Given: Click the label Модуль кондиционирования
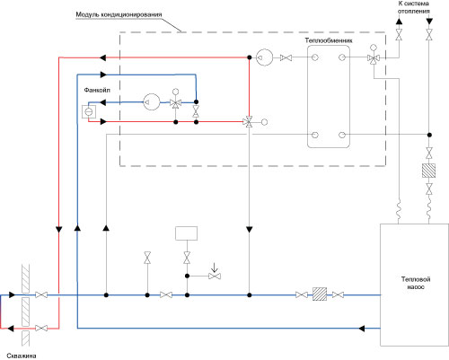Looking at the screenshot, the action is click(x=119, y=14).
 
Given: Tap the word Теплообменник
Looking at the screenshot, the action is click(x=329, y=40).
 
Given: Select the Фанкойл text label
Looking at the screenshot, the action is click(x=97, y=90).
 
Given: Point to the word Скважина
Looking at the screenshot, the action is click(x=22, y=356).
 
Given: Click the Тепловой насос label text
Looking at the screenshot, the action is click(x=416, y=283).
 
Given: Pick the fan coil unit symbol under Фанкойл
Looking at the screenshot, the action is click(x=89, y=111).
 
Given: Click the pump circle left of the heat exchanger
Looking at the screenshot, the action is click(x=265, y=57).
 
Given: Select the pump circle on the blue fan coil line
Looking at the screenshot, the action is click(x=152, y=102).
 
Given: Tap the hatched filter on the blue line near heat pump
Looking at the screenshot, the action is click(x=320, y=294).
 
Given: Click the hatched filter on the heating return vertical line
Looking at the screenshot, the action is click(x=428, y=171).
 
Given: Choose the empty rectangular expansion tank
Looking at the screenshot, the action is click(x=186, y=233).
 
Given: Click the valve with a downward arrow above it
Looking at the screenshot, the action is click(x=215, y=276).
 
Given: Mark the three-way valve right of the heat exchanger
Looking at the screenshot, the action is click(x=374, y=58).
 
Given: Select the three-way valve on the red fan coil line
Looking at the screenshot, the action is click(x=249, y=122).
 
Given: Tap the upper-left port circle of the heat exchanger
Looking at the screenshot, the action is click(x=315, y=57).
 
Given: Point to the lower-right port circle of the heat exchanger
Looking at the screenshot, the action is click(x=342, y=135).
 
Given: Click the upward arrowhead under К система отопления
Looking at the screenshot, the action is click(x=399, y=22).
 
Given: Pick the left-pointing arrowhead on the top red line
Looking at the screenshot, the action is click(x=102, y=57).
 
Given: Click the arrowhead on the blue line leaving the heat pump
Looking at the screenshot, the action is click(x=362, y=329).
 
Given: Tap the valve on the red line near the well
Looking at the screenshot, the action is click(x=41, y=329).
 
